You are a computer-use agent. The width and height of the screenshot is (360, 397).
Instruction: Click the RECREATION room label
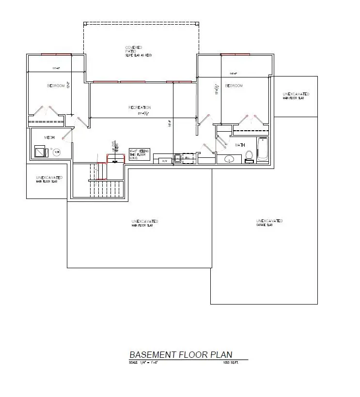tap(140, 107)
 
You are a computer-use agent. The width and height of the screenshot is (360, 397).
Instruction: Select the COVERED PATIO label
tap(133, 49)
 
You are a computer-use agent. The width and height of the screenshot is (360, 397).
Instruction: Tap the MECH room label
tap(49, 137)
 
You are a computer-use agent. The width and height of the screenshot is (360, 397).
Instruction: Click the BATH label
tap(240, 145)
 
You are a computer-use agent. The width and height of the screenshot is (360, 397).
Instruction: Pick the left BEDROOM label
tap(56, 86)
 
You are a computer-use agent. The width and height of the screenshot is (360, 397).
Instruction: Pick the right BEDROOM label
tap(234, 86)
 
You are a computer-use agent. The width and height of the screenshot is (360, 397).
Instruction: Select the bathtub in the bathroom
tap(262, 150)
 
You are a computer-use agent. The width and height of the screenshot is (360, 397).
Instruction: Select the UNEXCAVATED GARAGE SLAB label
tap(269, 222)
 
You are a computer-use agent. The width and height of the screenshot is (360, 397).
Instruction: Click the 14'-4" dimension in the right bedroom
tap(234, 74)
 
